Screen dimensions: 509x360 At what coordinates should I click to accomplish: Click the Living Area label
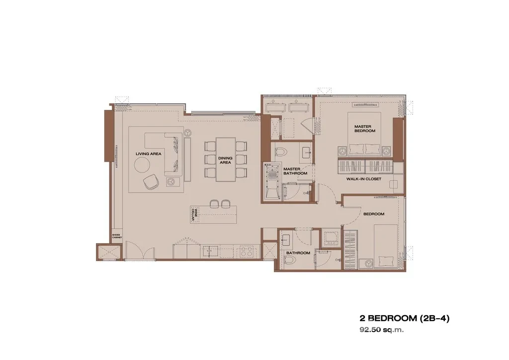148,154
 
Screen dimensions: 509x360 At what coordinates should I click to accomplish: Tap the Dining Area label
225,160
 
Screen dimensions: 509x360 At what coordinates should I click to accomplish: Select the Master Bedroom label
364,129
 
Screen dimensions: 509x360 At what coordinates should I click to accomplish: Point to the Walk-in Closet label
363,179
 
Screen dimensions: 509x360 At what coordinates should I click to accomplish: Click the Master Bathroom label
295,171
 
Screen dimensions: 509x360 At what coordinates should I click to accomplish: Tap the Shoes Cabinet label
116,236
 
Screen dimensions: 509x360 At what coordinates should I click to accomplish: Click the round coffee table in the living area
143,165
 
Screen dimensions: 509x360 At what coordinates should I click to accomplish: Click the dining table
226,160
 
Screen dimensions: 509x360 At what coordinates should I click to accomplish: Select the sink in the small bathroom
286,240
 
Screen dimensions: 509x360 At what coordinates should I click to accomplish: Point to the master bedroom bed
364,134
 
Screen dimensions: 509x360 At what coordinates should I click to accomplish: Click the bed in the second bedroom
386,247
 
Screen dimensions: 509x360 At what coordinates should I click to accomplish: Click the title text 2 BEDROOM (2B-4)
405,318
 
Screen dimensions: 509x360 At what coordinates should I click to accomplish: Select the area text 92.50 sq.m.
381,330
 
